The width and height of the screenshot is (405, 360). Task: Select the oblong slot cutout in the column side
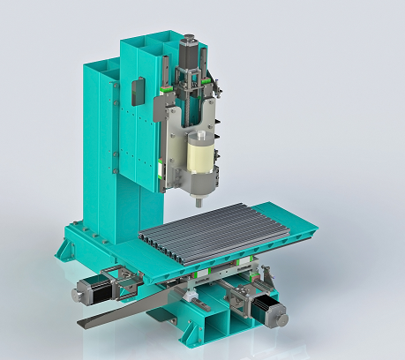click(137, 91)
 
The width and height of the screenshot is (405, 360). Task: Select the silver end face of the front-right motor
click(281, 315)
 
